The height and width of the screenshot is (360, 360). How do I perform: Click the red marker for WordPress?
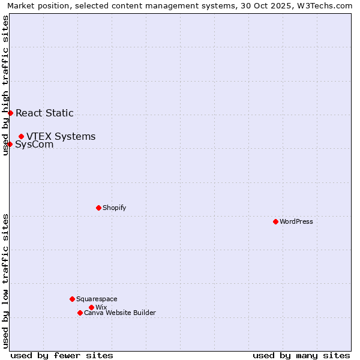point(275,221)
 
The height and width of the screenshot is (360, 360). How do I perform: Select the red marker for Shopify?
point(98,208)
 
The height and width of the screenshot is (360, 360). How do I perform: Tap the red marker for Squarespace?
point(72,299)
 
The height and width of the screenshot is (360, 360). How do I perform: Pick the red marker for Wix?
point(91,307)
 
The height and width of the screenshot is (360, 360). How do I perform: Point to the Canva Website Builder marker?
point(80,313)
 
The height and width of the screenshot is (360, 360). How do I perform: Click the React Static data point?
point(10,113)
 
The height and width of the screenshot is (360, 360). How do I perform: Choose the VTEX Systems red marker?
point(21,136)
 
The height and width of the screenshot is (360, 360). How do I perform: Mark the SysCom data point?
point(10,144)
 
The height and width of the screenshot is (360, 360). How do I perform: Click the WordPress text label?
point(296,221)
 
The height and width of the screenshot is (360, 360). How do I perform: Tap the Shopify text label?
point(114,208)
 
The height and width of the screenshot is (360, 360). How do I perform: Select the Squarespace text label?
point(97,299)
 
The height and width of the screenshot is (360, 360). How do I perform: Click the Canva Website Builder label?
point(120,313)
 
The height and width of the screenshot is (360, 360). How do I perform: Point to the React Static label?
point(44,113)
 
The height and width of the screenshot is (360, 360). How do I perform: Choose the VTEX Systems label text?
point(61,136)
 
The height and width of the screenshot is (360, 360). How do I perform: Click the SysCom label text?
point(34,145)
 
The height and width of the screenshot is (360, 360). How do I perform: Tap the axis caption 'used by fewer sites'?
point(62,355)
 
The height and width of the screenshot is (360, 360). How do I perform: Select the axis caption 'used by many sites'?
point(301,355)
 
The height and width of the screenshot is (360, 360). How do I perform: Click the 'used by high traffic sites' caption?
point(6,85)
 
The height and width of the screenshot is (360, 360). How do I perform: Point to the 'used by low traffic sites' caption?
point(6,280)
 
